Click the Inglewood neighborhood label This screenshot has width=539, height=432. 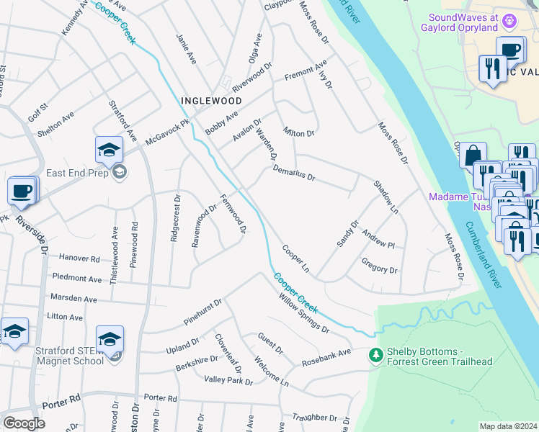[211, 101]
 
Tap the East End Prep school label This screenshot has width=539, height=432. [77, 173]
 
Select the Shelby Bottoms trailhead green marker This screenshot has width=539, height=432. [375, 355]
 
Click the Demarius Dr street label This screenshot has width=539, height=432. [294, 174]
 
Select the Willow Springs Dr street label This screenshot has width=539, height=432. [302, 318]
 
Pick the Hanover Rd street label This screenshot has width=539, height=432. [79, 258]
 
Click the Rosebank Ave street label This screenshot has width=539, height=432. [326, 357]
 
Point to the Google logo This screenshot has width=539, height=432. [24, 423]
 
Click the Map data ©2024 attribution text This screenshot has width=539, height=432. [507, 426]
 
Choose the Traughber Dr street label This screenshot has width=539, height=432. [316, 417]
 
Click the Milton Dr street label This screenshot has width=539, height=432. [299, 133]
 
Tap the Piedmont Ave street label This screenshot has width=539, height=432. [76, 278]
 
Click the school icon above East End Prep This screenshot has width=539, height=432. [109, 149]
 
